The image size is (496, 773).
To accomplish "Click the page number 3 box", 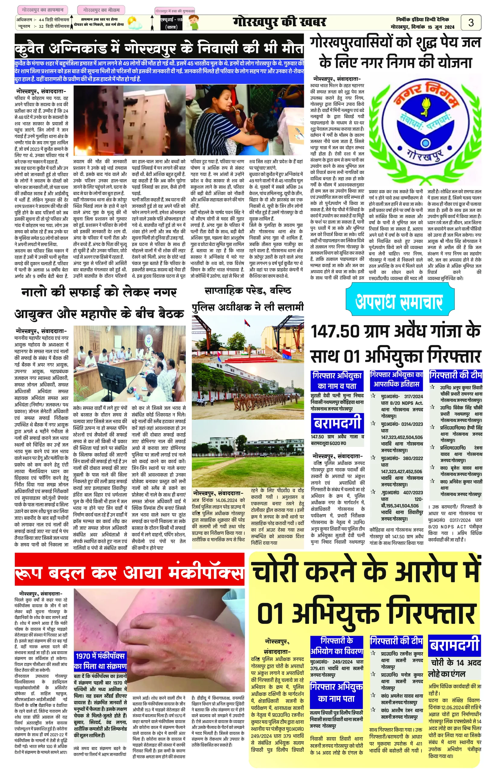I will click(x=471, y=23).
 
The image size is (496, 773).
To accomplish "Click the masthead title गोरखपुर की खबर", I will click(x=279, y=22).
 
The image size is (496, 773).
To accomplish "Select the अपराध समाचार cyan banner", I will click(x=399, y=302).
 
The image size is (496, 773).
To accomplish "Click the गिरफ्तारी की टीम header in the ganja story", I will click(x=456, y=375).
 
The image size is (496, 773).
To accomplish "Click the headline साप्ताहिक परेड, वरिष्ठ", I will click(x=247, y=291).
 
